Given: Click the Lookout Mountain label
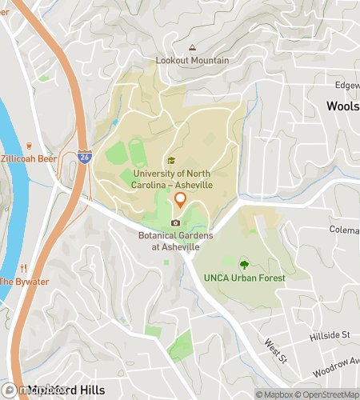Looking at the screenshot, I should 191,61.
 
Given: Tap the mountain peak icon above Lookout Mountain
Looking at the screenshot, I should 191,48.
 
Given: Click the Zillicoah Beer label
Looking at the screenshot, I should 30,159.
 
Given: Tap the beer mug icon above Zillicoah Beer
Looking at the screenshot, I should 29,146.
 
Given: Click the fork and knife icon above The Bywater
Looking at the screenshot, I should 25,268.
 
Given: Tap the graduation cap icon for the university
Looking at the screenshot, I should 170,160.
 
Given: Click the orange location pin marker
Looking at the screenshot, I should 181,200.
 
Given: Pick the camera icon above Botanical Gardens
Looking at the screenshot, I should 176,222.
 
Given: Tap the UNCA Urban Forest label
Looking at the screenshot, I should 244,278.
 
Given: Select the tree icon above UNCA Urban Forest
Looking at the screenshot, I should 244,263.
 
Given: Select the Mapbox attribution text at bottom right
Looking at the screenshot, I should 275,394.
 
